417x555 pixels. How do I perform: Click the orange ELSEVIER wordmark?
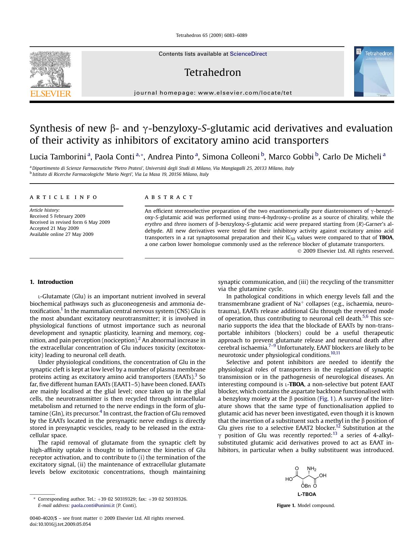51,94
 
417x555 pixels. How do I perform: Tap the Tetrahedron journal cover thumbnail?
374,71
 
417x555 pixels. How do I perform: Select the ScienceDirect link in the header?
248,54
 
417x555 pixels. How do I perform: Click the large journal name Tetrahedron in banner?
213,72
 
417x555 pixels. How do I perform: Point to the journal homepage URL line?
213,93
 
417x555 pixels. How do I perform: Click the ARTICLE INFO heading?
64,197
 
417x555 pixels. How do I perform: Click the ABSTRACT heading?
169,197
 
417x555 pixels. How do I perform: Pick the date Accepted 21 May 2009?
54,228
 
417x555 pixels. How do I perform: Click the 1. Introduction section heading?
51,282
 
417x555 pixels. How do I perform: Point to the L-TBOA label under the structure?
306,494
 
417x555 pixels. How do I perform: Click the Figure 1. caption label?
286,505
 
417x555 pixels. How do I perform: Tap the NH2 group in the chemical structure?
311,469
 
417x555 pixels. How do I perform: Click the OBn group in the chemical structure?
306,486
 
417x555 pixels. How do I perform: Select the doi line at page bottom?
60,524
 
